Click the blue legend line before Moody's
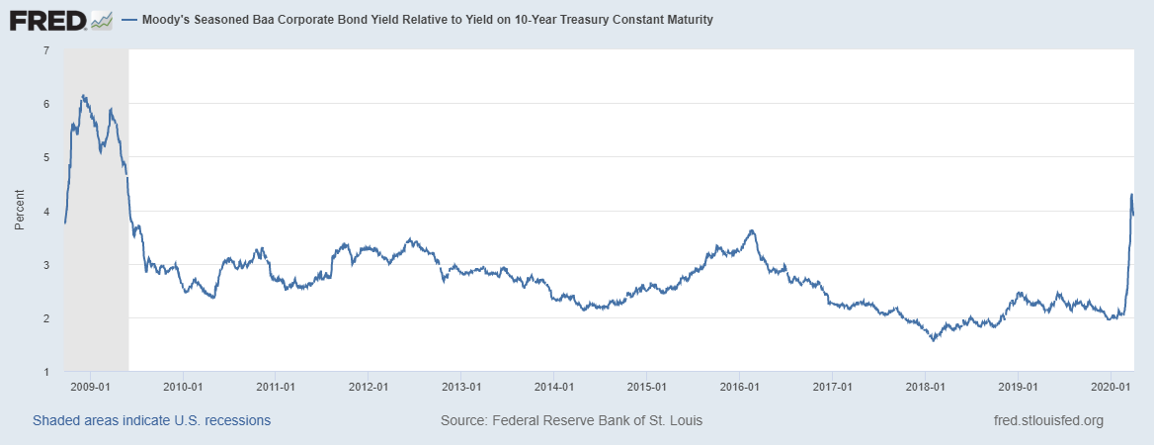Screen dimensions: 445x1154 [129, 20]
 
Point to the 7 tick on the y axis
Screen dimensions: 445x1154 [46, 49]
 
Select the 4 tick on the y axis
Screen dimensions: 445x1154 [46, 211]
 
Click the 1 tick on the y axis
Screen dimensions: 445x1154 [46, 372]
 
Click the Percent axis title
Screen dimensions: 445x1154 [19, 212]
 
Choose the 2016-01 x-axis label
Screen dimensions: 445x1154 [738, 387]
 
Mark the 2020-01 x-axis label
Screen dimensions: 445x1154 [1109, 387]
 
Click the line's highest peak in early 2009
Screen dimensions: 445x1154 [84, 96]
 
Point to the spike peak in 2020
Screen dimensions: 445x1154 [1131, 194]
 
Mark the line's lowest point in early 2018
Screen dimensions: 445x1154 [933, 340]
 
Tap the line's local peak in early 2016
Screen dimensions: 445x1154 [752, 230]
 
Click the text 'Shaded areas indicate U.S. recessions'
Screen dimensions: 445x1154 [151, 420]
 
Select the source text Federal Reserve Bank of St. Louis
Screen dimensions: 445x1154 [596, 420]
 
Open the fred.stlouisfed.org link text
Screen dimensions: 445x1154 [1047, 420]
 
